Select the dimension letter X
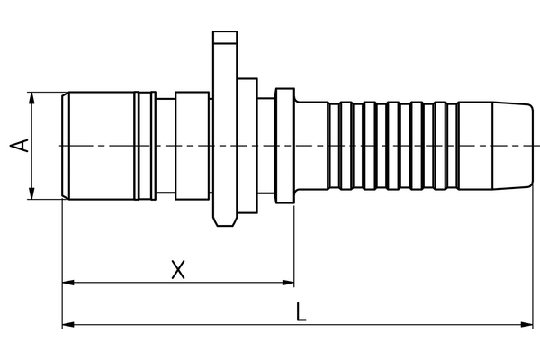click(178, 269)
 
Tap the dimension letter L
click(301, 312)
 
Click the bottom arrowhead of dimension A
click(32, 193)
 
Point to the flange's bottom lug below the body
click(224, 217)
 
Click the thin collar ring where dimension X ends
click(284, 145)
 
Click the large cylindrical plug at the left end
click(99, 145)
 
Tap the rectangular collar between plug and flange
click(191, 145)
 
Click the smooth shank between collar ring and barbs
click(311, 145)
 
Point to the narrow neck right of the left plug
click(165, 145)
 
